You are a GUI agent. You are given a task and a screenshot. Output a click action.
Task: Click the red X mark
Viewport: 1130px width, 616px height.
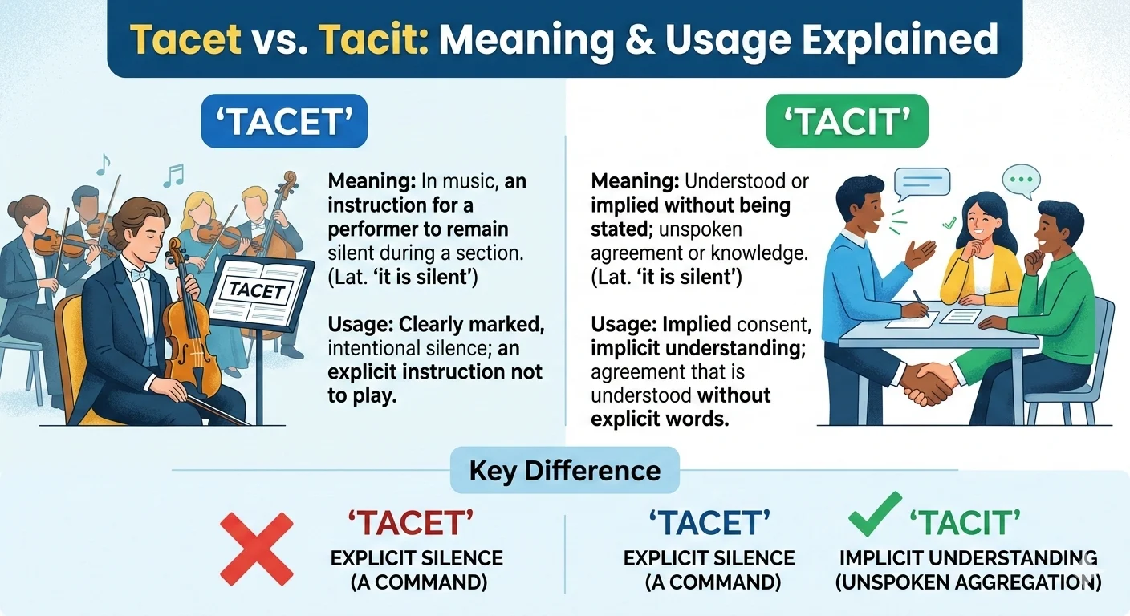[x=256, y=548]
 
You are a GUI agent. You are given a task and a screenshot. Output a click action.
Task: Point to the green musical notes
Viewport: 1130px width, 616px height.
[x=173, y=174]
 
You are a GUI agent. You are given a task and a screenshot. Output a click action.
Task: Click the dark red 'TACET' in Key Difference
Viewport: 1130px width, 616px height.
[x=410, y=524]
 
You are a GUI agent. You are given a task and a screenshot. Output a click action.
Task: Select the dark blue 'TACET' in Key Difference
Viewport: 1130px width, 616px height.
[x=709, y=524]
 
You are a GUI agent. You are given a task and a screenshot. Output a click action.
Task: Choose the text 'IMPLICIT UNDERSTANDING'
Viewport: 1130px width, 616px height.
[x=968, y=558]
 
